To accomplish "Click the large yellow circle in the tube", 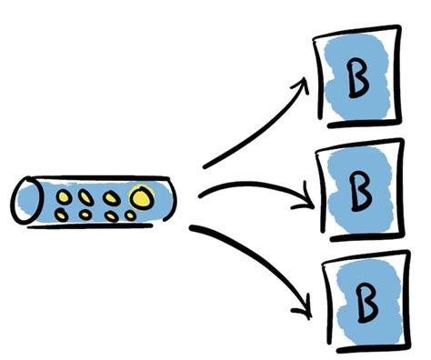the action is pyautogui.click(x=141, y=195).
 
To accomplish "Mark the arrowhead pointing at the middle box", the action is pyautogui.click(x=308, y=195).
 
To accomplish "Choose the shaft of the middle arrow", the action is pyautogui.click(x=246, y=189).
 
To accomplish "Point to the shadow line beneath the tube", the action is pyautogui.click(x=100, y=227).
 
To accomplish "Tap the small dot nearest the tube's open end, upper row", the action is pyautogui.click(x=65, y=195).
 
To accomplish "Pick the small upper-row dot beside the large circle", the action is pyautogui.click(x=111, y=195).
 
